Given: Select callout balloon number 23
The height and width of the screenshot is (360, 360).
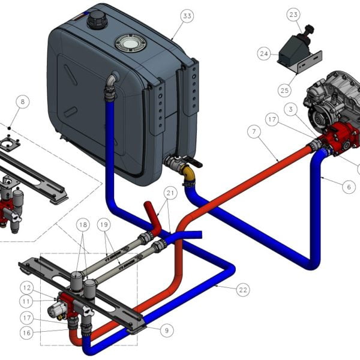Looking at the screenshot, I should coord(293,14).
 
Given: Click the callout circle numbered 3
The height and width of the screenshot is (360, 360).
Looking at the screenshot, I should coord(291,109).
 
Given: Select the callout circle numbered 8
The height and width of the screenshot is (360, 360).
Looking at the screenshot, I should coord(22,102).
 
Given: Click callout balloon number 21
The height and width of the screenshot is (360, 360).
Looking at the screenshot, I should coord(170,193).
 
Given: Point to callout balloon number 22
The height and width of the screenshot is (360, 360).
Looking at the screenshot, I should coord(242,290).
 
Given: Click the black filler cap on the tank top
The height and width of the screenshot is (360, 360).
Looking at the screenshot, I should coord(97,22).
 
